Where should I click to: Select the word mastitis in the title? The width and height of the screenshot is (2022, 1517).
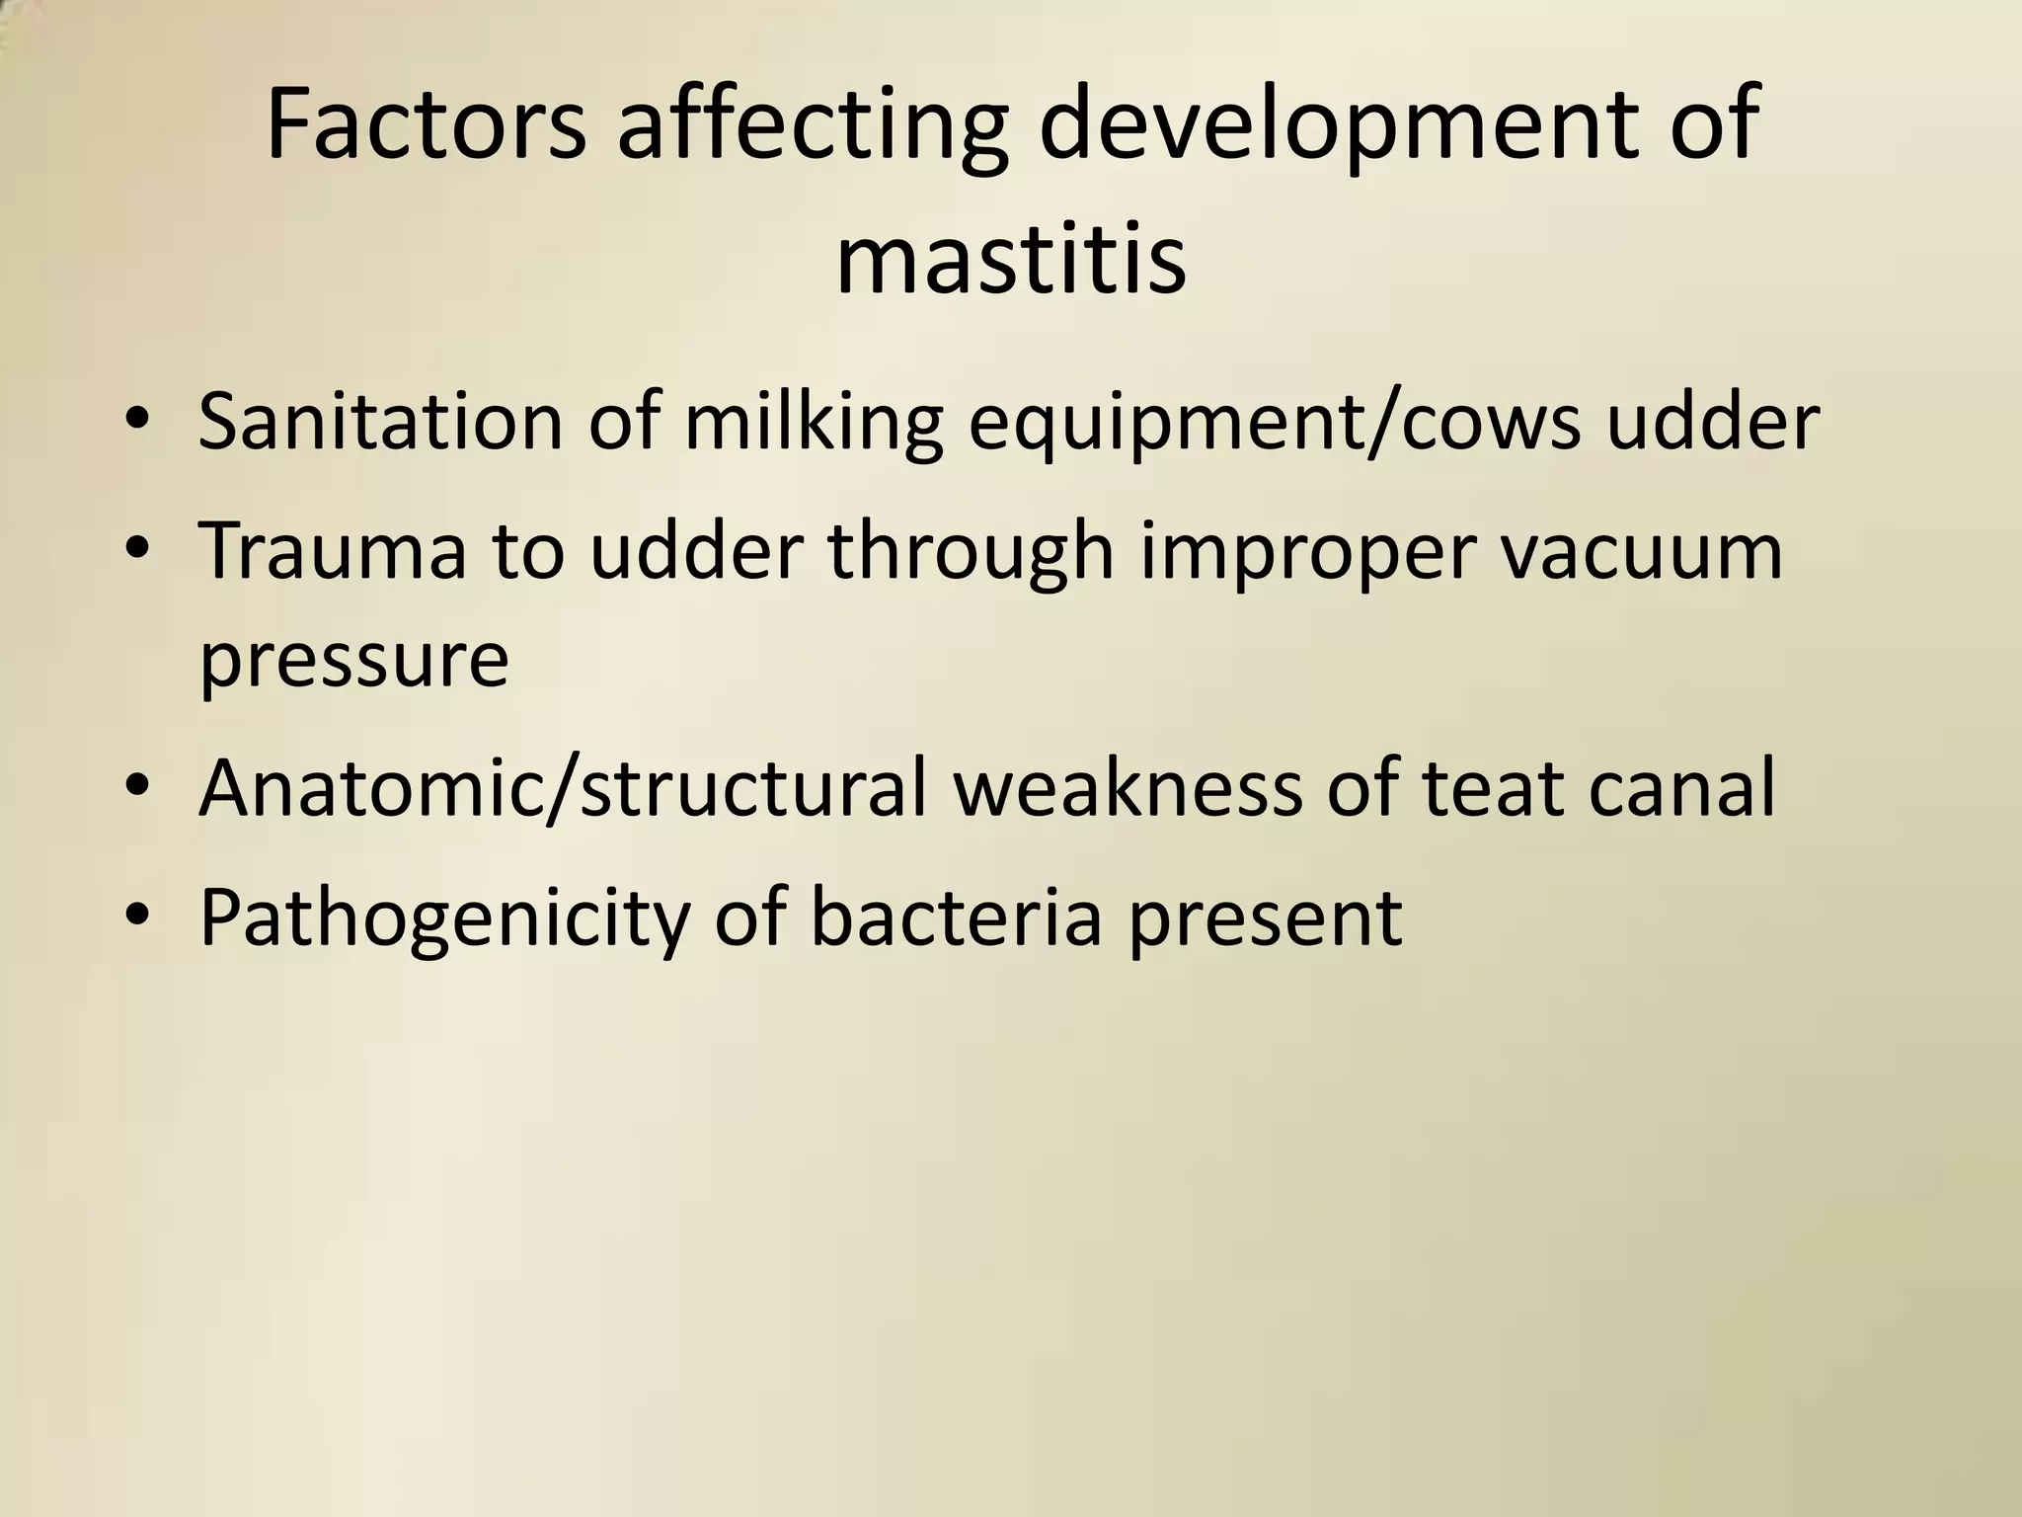tap(1010, 261)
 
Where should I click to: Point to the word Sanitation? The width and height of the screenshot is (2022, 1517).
tap(381, 421)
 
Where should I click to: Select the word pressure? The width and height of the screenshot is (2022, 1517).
tap(353, 662)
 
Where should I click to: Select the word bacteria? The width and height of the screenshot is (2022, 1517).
tap(956, 916)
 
